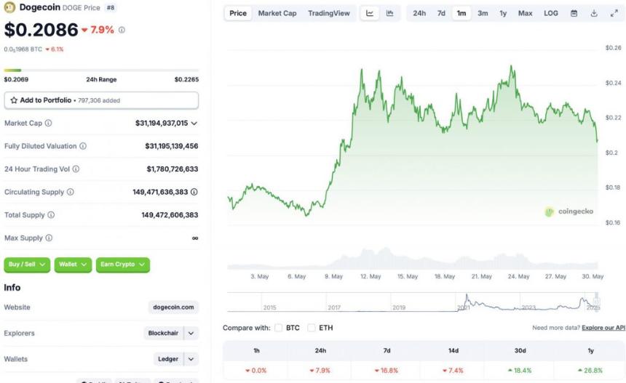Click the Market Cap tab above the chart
[x=277, y=13]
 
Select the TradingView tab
[x=328, y=13]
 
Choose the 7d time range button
[x=441, y=13]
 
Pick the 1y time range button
[x=503, y=13]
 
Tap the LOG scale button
[x=551, y=13]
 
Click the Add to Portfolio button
[x=101, y=100]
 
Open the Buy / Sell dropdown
[x=27, y=265]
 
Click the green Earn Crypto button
[x=122, y=265]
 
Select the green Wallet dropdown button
[x=73, y=265]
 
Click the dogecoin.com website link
[x=173, y=307]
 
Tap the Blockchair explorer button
[x=163, y=333]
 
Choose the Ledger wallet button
[x=167, y=359]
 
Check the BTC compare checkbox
[x=279, y=328]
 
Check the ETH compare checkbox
[x=312, y=328]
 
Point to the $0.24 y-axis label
[x=613, y=83]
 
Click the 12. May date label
[x=370, y=276]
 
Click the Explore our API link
[x=603, y=328]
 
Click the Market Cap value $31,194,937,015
[x=162, y=124]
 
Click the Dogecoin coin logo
[x=10, y=8]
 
